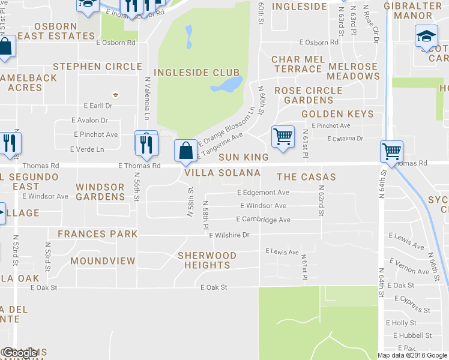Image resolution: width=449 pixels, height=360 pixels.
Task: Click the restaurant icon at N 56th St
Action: pos(146,143)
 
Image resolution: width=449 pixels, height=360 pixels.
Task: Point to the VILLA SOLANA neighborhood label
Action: pos(222,173)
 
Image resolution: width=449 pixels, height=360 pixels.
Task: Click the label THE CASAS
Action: pos(306,177)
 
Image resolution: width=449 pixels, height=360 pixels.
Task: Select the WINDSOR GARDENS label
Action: pos(100,192)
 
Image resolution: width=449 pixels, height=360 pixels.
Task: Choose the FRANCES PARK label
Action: pos(97,234)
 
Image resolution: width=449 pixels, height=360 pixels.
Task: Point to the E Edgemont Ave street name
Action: pos(263,193)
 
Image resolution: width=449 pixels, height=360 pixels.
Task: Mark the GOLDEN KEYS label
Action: pos(337,114)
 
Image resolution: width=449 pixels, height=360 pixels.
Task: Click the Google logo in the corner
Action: pos(19,353)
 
